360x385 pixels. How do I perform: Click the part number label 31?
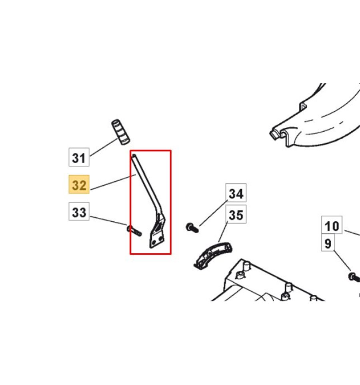(x=79, y=157)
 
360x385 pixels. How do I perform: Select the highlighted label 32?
(x=79, y=184)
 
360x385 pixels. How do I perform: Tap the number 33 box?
(x=79, y=211)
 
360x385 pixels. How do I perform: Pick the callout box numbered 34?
(x=236, y=193)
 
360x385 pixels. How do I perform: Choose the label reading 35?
(x=236, y=215)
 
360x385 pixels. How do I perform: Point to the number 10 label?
(x=332, y=225)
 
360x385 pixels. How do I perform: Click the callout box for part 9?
(x=328, y=243)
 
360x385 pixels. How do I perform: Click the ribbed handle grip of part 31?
(x=121, y=132)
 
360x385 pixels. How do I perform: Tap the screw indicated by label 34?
(x=192, y=228)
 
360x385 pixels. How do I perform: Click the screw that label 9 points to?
(x=354, y=277)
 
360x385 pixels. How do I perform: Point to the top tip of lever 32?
(x=134, y=155)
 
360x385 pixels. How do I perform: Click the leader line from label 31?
(x=104, y=147)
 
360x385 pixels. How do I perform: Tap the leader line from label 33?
(x=109, y=221)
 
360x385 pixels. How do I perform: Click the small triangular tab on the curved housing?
(x=303, y=106)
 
